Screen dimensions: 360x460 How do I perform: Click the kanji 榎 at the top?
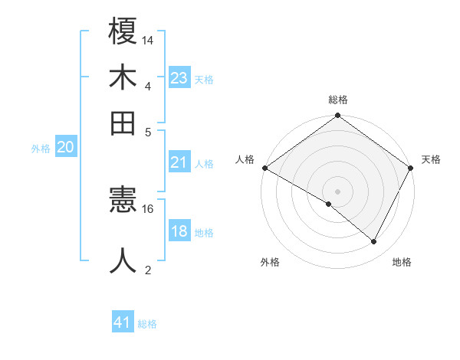click(x=123, y=33)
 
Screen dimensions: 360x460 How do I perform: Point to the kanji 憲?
click(x=123, y=201)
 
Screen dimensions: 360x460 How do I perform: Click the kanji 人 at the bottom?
click(x=123, y=260)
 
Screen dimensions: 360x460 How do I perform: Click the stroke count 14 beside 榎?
click(x=149, y=40)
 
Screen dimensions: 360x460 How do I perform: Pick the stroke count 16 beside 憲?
click(x=148, y=208)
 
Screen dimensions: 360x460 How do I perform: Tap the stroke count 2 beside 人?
click(x=148, y=270)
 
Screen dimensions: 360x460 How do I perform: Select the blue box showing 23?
click(x=179, y=78)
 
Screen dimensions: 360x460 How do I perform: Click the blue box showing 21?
click(x=179, y=162)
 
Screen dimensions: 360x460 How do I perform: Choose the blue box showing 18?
click(x=179, y=231)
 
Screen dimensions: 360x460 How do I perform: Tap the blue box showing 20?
click(x=65, y=148)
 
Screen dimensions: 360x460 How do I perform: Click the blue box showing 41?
click(x=123, y=323)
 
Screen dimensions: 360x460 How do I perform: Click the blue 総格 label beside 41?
click(x=147, y=324)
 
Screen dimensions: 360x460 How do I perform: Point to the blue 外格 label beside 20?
click(x=41, y=149)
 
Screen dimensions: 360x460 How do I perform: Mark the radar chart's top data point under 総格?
click(x=337, y=116)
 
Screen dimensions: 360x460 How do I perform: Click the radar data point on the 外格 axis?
click(x=329, y=204)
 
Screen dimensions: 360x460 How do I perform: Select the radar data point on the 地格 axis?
click(x=374, y=242)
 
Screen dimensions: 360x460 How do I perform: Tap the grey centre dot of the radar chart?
click(x=337, y=191)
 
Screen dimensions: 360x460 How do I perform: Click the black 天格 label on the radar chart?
click(x=431, y=159)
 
